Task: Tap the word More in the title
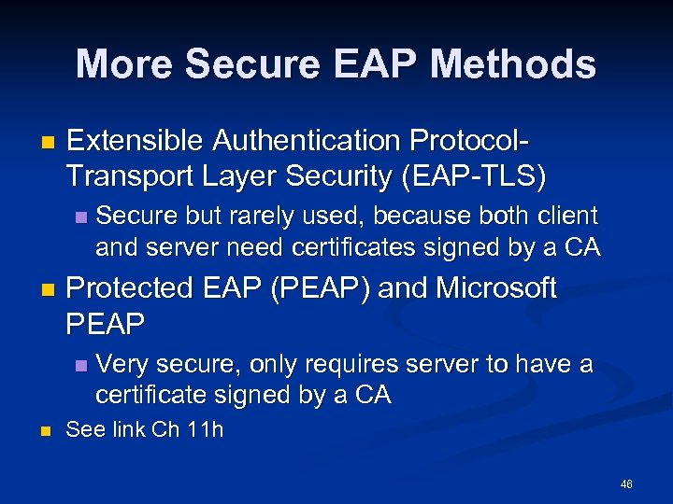pos(124,64)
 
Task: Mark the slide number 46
pos(625,483)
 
